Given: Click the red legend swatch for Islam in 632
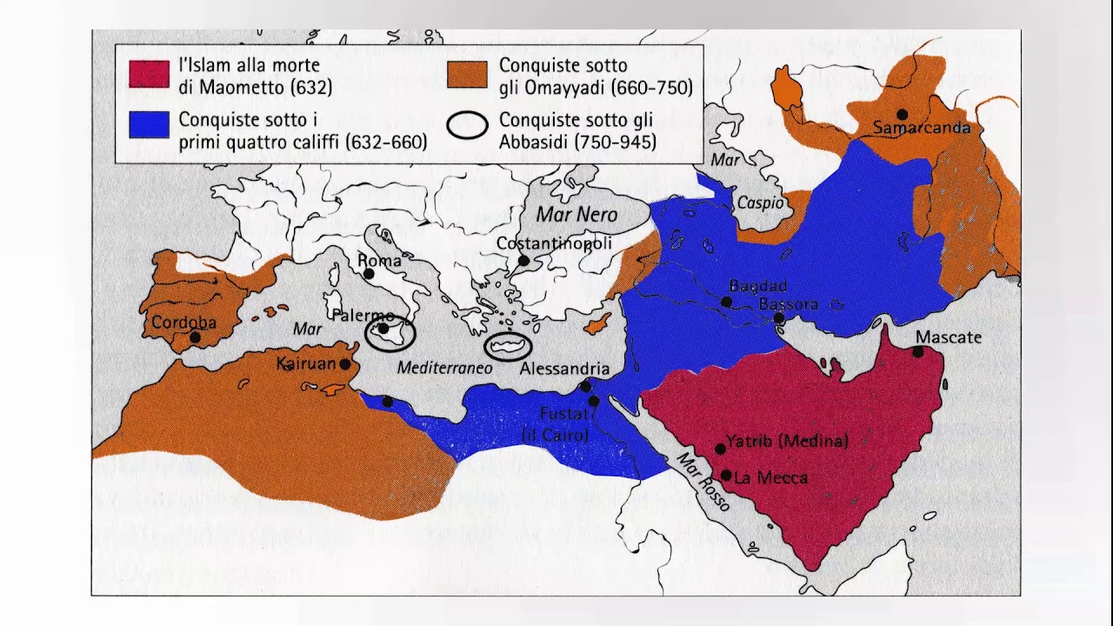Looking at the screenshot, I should coord(149,74).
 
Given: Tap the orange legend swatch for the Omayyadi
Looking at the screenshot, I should coord(467,74).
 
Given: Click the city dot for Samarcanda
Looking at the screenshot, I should coord(903,114).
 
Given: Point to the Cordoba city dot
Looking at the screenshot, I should coord(195,337).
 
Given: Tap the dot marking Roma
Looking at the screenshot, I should coord(369,274).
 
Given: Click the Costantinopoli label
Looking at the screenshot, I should coord(554,243).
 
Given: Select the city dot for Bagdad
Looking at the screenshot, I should coord(726,302).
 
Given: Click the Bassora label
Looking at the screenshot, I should coord(788,304).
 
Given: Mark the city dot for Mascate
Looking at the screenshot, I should coord(918,352).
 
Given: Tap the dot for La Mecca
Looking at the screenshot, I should coord(726,476).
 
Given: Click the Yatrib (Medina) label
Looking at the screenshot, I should coord(787,441).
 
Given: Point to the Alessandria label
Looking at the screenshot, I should coord(564,369).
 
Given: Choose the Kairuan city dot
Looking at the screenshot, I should coord(345,365).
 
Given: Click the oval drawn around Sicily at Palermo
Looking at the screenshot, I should coord(390,334).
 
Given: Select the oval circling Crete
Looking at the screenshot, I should coord(508,345).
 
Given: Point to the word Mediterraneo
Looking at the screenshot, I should coord(444,368).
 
